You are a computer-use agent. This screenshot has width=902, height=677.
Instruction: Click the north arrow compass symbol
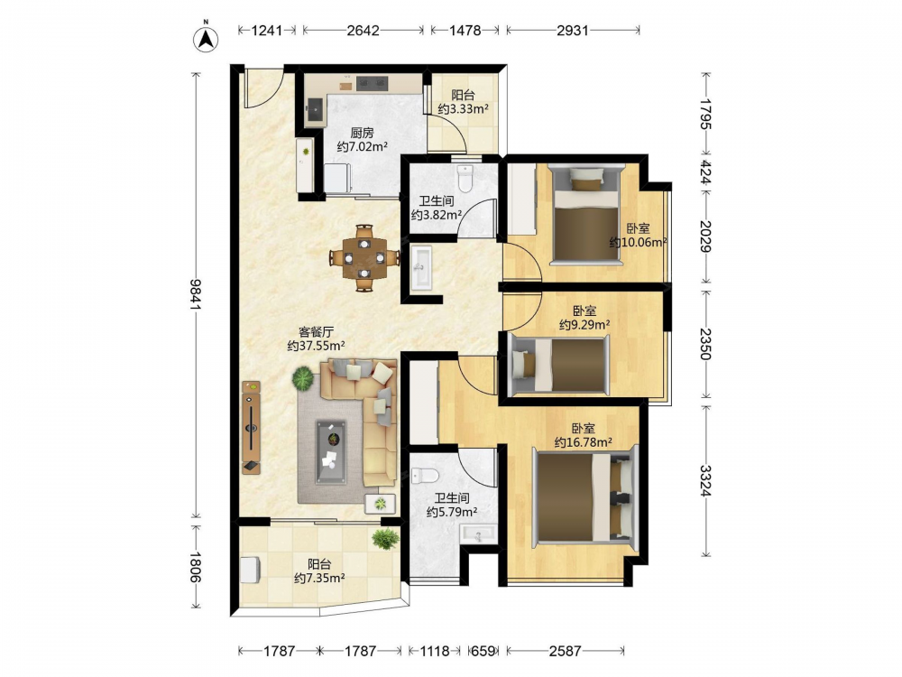tap(206, 38)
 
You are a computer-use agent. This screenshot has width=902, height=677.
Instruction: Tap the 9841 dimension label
tap(197, 295)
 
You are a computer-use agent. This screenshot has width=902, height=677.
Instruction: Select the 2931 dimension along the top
tap(573, 30)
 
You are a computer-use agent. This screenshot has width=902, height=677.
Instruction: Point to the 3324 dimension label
tap(706, 481)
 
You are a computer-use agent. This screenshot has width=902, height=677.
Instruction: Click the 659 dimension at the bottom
tap(483, 651)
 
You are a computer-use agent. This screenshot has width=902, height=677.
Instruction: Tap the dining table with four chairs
tap(364, 258)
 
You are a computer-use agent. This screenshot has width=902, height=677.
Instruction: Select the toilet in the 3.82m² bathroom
tap(465, 179)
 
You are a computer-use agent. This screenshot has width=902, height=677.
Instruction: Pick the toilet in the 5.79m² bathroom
tap(425, 476)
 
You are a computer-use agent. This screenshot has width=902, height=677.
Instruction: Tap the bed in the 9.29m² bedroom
tap(558, 365)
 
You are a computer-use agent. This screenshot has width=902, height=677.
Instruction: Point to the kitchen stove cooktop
tap(373, 83)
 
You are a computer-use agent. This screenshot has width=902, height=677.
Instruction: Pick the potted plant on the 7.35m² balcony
tap(385, 539)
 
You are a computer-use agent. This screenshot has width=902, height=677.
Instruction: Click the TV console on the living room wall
tap(251, 427)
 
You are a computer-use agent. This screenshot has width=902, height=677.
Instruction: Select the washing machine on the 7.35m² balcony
tap(250, 570)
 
